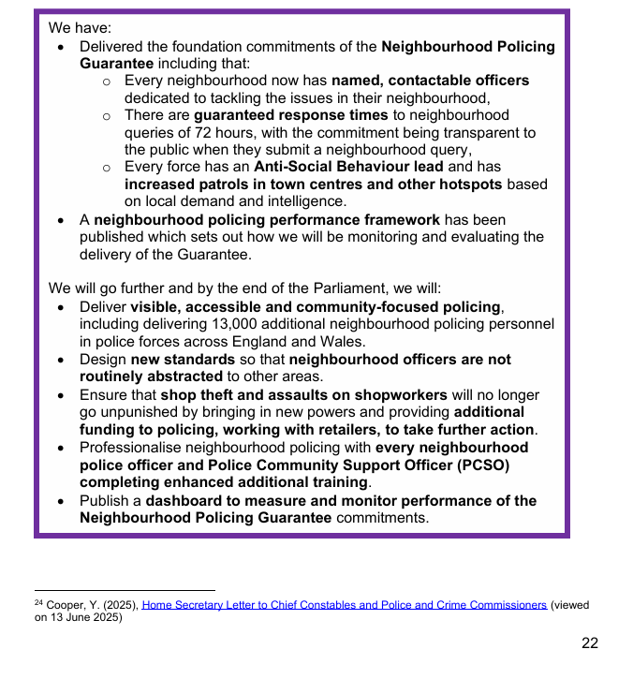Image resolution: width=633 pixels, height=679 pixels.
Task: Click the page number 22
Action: click(x=589, y=642)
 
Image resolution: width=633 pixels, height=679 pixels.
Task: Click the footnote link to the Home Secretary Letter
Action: click(x=344, y=606)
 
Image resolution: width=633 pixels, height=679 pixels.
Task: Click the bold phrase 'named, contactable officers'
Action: click(x=430, y=81)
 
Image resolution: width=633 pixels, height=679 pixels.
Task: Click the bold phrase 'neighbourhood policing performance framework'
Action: click(x=267, y=220)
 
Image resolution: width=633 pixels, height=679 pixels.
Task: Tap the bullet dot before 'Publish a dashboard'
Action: click(x=61, y=501)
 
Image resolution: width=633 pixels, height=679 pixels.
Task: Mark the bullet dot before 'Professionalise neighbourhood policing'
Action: click(x=61, y=448)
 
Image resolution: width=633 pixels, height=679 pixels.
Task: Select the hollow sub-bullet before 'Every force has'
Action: click(x=107, y=168)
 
